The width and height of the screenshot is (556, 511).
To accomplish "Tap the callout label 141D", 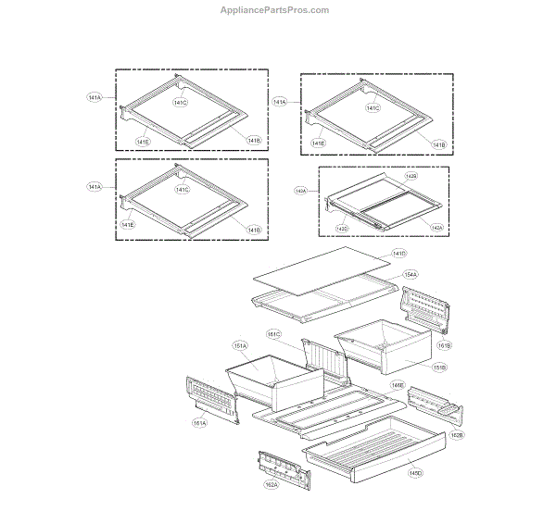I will [x=398, y=253].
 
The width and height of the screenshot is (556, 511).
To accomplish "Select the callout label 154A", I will [x=410, y=274].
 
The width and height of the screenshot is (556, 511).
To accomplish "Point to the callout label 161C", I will [x=274, y=333].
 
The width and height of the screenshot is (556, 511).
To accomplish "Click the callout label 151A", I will [x=239, y=344].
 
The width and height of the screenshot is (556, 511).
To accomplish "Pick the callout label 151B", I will [x=439, y=367].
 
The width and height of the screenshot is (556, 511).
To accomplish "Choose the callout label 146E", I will [x=397, y=385].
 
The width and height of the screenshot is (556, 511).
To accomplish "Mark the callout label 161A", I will [x=200, y=422].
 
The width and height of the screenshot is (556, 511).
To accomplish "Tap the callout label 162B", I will [x=457, y=434].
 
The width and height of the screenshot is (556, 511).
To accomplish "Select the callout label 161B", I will [x=444, y=345].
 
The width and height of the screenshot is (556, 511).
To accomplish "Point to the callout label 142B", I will [x=411, y=176].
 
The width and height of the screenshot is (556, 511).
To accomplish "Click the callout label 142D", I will [x=342, y=228].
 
